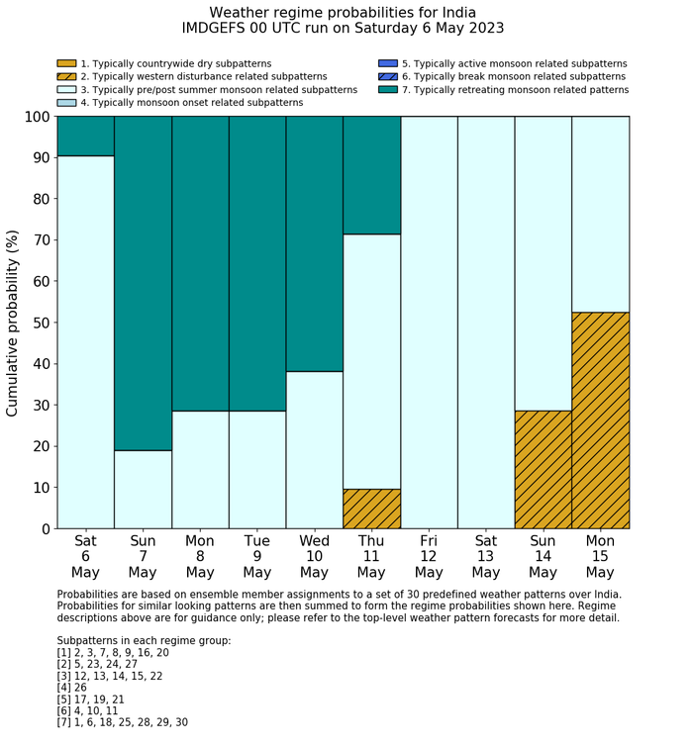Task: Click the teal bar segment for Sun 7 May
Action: (143, 282)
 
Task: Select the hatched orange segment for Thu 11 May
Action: (371, 509)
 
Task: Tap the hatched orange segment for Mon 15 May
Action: (600, 420)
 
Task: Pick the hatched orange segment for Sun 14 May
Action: (543, 469)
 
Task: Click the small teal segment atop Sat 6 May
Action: (86, 136)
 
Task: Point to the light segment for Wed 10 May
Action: (314, 449)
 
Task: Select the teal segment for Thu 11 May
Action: (371, 175)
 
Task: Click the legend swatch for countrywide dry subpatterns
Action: (66, 63)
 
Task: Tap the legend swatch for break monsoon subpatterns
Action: (387, 76)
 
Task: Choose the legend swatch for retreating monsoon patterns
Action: (387, 89)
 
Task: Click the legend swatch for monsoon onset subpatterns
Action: (66, 102)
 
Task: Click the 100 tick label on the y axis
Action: (32, 117)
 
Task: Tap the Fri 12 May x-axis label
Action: (429, 557)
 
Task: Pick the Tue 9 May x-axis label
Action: (257, 557)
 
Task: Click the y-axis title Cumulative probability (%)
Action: (13, 323)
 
